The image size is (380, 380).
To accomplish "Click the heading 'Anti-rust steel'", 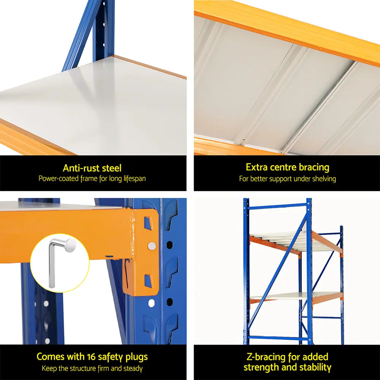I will [x=92, y=168].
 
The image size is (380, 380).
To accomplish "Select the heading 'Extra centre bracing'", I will [x=287, y=167].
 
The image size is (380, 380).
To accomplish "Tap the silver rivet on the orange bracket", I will [x=152, y=246].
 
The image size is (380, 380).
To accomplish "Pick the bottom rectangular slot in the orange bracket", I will [x=148, y=281].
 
